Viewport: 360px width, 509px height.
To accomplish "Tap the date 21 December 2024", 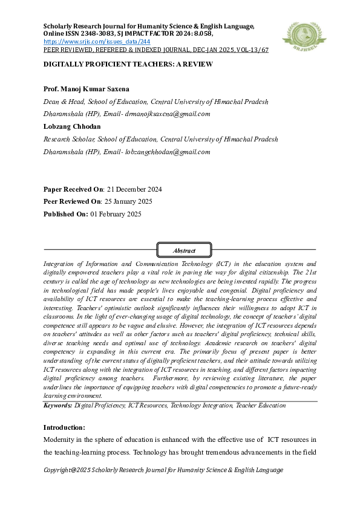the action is (134, 189).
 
